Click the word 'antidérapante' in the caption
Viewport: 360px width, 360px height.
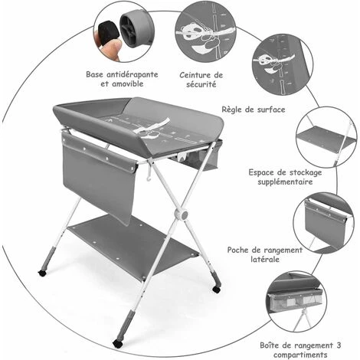tap(133, 74)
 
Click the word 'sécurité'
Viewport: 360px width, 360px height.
tap(201, 84)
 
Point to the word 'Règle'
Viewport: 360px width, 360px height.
tap(232, 110)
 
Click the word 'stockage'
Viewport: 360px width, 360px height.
tap(304, 172)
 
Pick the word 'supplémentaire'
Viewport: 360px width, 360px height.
tap(285, 182)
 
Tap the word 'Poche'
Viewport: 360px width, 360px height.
tap(237, 250)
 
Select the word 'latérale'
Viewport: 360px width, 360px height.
tap(265, 259)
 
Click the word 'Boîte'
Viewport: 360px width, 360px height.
tap(270, 345)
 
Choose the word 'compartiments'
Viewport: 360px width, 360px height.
tap(300, 355)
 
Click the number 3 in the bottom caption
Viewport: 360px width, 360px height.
tap(339, 345)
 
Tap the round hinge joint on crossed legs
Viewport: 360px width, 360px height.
tap(181, 215)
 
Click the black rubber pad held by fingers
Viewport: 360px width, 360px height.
tap(109, 33)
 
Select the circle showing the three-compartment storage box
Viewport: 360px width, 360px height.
tap(297, 302)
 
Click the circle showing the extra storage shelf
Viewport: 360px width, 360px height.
tap(326, 137)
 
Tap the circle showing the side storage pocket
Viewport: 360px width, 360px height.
tap(324, 223)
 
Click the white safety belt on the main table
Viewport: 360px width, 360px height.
tap(152, 127)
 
